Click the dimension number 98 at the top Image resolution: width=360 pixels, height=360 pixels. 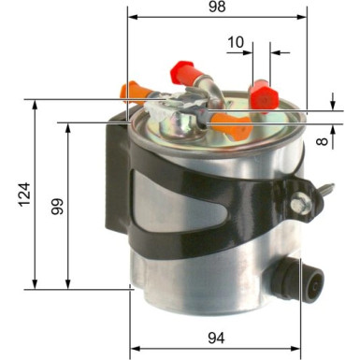[x=217, y=8]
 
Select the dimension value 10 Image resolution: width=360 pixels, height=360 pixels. [x=236, y=42]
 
